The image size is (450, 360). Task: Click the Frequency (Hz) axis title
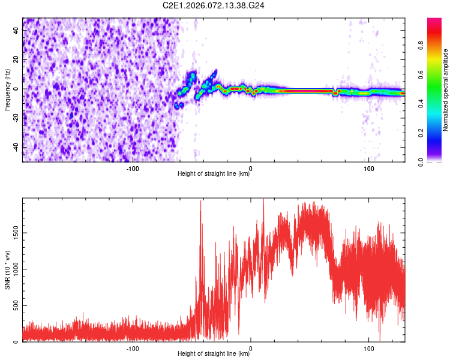[8, 90]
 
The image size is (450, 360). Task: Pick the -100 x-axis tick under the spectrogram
[133, 168]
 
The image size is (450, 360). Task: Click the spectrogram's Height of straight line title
[214, 174]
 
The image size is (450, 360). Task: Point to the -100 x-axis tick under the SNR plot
[133, 348]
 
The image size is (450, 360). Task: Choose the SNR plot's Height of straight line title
[214, 354]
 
